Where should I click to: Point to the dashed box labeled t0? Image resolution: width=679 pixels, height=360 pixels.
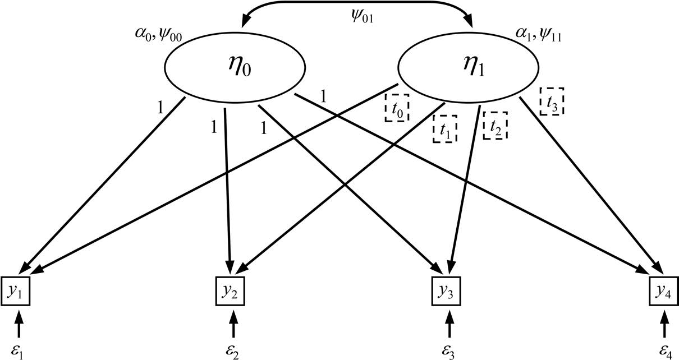[x=397, y=107]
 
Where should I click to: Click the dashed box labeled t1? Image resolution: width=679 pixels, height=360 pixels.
[x=445, y=129]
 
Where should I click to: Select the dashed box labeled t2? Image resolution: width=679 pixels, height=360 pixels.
[x=495, y=126]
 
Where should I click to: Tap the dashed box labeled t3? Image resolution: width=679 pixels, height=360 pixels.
[x=552, y=101]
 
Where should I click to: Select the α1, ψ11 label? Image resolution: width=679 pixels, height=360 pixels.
[x=539, y=38]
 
